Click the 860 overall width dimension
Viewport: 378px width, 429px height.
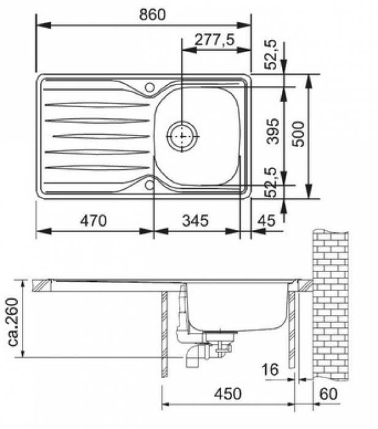click(153, 15)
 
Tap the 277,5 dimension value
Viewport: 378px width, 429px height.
click(214, 40)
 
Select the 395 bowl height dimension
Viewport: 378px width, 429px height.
click(273, 131)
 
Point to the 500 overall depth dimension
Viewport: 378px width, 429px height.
click(298, 134)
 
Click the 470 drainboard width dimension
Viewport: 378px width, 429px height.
click(93, 221)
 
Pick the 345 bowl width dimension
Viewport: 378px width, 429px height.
click(195, 221)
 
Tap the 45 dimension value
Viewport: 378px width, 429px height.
click(266, 221)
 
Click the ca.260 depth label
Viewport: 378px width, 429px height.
click(13, 322)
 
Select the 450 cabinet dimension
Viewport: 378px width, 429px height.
click(228, 394)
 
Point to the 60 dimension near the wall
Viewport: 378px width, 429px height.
click(328, 394)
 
